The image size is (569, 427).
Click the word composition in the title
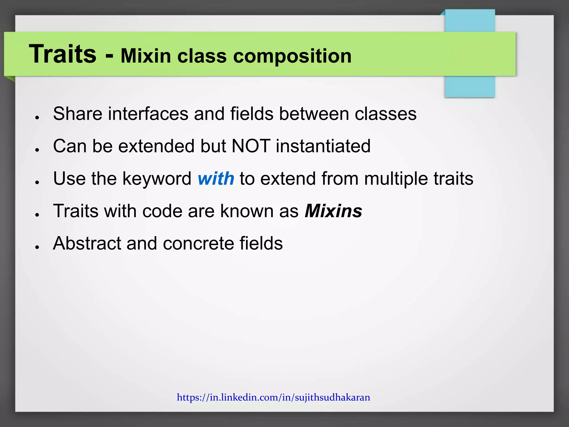click(x=292, y=56)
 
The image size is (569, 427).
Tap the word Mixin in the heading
click(x=146, y=56)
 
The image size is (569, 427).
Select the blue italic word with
click(x=216, y=178)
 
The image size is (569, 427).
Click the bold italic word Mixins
click(x=333, y=211)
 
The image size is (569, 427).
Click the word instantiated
click(x=323, y=146)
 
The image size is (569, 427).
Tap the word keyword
click(x=157, y=178)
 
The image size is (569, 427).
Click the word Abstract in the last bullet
click(x=87, y=243)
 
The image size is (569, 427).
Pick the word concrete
click(x=199, y=243)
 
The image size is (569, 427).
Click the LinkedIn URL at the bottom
click(x=273, y=397)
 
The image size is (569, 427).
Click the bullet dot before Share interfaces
click(x=37, y=118)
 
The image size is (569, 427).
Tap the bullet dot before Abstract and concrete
click(x=37, y=247)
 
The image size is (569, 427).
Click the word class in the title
click(x=202, y=56)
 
